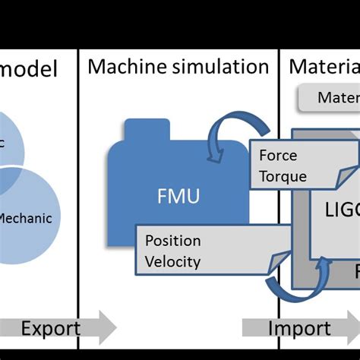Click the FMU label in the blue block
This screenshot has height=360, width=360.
[x=180, y=197]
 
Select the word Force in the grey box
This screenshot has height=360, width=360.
[x=278, y=156]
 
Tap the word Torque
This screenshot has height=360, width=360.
[x=283, y=176]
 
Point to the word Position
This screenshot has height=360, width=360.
[x=173, y=241]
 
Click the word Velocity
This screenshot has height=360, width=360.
[x=172, y=262]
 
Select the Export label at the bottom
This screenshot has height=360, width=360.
[x=50, y=328]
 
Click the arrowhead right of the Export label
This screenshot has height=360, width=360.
[x=107, y=328]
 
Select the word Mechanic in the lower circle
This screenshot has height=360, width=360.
[x=25, y=218]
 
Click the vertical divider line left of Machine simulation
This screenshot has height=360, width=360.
[x=78, y=190]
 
